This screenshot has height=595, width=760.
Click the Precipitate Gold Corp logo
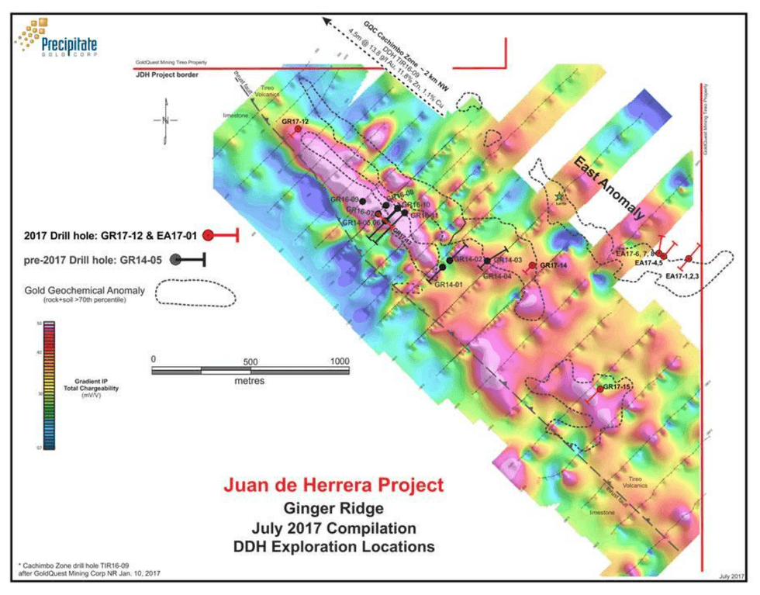click(54, 36)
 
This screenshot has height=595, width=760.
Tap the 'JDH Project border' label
click(167, 74)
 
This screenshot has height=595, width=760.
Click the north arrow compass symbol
click(165, 120)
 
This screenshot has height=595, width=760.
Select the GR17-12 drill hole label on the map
click(295, 122)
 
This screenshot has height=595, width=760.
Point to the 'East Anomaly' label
click(610, 187)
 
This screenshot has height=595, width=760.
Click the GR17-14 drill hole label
click(554, 265)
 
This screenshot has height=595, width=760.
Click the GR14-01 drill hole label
click(448, 285)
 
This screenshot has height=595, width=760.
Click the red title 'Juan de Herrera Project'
click(333, 486)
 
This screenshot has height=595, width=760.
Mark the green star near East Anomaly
click(559, 198)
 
